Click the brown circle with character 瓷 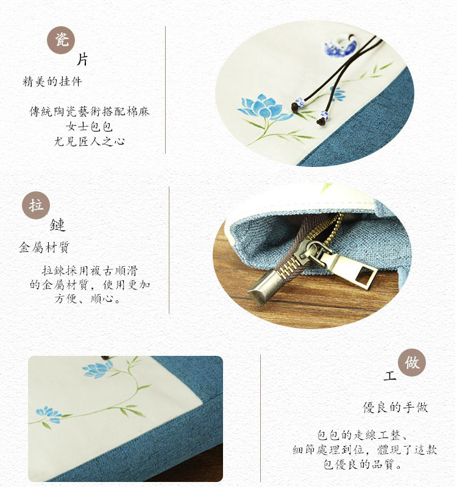[61, 40]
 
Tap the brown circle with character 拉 [36, 205]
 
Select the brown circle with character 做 [411, 362]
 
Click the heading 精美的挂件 [52, 82]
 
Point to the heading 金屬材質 [44, 247]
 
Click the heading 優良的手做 [395, 407]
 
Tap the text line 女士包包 [89, 127]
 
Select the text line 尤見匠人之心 [89, 141]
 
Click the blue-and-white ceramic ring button [341, 46]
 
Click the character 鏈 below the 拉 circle [57, 225]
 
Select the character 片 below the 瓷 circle [82, 59]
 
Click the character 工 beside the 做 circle [390, 375]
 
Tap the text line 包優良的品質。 [363, 464]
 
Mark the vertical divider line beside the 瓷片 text [165, 90]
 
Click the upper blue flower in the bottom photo [98, 370]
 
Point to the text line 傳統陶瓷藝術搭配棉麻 [89, 112]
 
